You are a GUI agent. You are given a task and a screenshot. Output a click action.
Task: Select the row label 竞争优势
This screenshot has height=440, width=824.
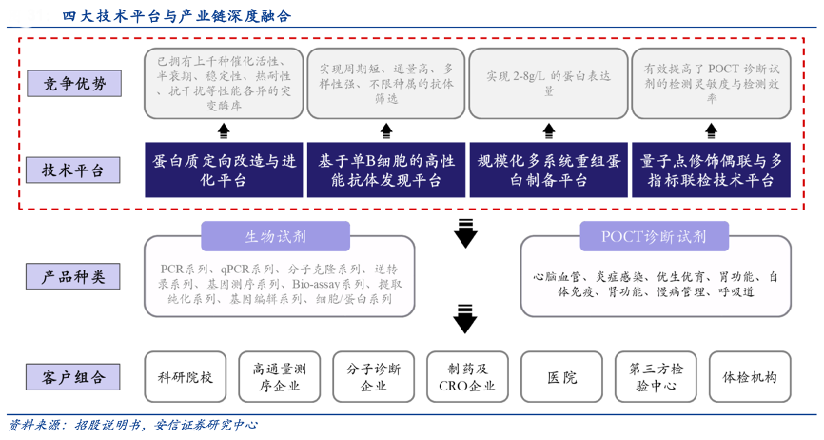(74, 84)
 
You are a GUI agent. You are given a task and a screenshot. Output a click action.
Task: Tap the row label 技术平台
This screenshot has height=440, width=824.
(74, 170)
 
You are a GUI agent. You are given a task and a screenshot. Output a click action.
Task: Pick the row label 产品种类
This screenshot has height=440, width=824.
(74, 277)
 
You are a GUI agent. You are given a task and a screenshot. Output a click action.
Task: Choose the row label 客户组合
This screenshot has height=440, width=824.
(74, 376)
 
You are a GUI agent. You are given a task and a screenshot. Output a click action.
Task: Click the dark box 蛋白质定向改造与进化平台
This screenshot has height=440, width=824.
(225, 170)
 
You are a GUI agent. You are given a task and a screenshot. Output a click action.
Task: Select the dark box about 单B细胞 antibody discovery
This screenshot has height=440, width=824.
(386, 170)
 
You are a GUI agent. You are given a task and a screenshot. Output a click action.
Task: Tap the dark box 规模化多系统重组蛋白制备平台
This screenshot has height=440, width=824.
(548, 170)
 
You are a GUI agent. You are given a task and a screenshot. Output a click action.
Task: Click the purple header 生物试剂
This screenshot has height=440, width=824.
(275, 236)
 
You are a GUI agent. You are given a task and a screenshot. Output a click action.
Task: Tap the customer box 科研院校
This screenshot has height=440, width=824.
(186, 377)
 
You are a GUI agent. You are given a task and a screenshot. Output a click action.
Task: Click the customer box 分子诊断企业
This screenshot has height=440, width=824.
(374, 377)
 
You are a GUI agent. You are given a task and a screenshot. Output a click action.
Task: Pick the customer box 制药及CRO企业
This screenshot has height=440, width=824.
(467, 377)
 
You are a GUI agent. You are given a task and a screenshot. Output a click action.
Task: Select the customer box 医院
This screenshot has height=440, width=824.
(561, 377)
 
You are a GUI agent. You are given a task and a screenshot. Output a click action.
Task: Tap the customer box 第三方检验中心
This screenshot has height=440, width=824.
(656, 377)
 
